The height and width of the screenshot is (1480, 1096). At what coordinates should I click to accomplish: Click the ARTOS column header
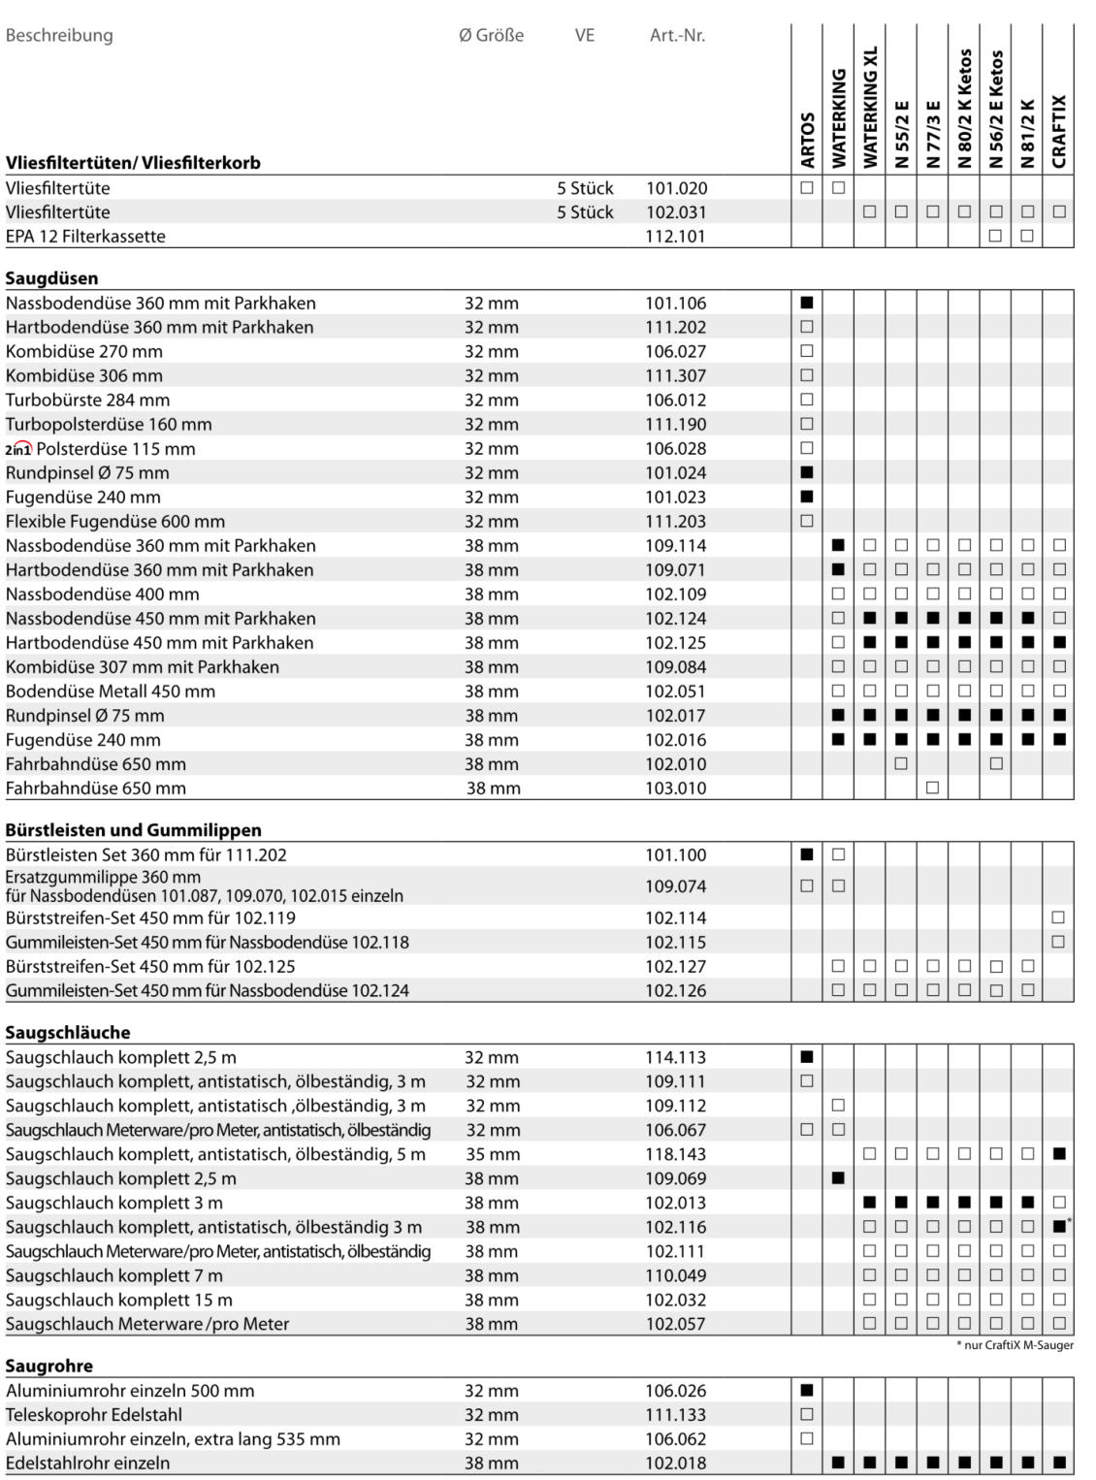(808, 140)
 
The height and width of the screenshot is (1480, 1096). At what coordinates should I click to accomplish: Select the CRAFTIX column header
(1059, 131)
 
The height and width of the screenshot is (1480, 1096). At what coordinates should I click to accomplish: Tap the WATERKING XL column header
(870, 107)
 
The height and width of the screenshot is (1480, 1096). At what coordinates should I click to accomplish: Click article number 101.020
(676, 188)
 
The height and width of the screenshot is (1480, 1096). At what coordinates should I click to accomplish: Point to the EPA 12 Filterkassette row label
(85, 237)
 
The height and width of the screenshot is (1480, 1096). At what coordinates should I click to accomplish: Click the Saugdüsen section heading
(51, 278)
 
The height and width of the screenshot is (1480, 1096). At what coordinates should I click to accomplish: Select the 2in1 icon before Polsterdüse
(18, 449)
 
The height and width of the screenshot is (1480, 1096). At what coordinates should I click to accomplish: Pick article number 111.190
(676, 425)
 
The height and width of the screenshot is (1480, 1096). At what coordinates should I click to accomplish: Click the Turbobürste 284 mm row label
(87, 401)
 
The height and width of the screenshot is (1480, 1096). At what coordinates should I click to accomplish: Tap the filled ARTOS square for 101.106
(807, 303)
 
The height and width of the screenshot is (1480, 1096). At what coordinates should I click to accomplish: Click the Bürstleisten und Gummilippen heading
(133, 830)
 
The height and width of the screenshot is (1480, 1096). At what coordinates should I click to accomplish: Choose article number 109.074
(676, 886)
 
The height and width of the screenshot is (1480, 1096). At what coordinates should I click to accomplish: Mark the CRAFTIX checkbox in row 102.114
(1058, 917)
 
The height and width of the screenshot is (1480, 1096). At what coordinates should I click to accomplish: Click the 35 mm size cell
(492, 1154)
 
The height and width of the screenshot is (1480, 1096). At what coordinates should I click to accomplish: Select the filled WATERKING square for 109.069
(838, 1178)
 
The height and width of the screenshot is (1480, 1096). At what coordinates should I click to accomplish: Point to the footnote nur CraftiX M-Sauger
(1015, 1345)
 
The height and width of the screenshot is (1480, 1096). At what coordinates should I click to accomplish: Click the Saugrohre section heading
(49, 1366)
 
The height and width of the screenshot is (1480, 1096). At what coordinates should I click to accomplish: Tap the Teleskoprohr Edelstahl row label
(94, 1415)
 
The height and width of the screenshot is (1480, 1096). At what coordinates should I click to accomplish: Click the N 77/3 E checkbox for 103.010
(932, 788)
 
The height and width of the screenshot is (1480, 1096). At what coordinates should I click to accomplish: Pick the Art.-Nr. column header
(677, 36)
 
